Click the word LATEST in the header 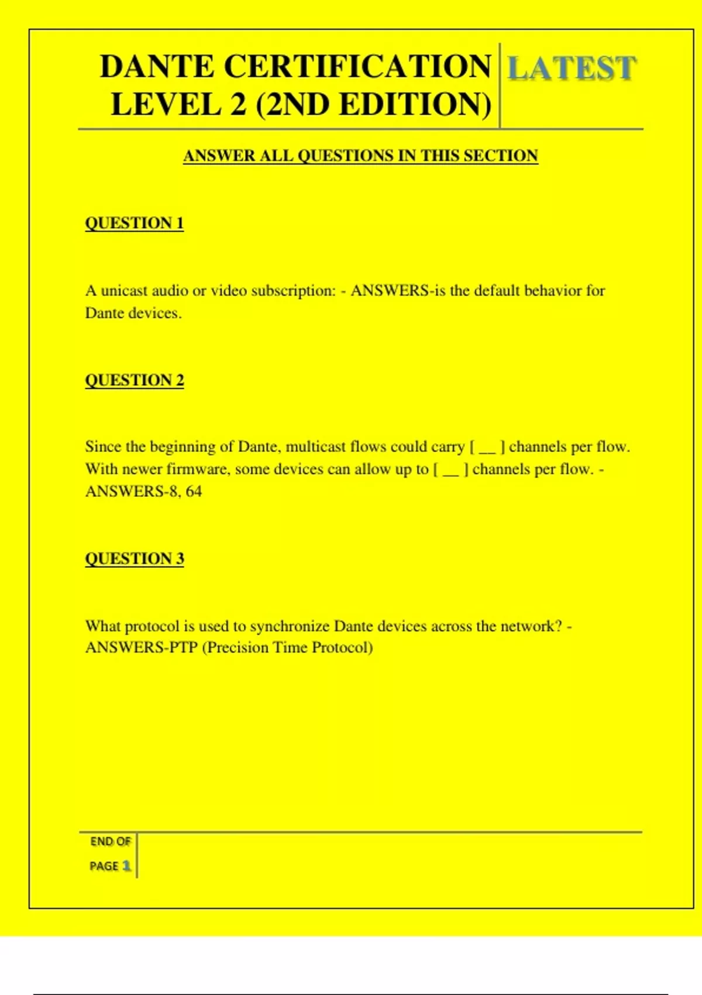[571, 68]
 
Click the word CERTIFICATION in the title [357, 66]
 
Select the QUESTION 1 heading [135, 223]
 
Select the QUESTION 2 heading [135, 380]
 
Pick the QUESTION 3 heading [135, 558]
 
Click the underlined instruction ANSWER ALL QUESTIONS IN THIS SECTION [360, 156]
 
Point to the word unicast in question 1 [125, 291]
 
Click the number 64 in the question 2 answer [194, 491]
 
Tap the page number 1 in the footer [126, 866]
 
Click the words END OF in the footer [110, 842]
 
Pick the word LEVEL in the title [166, 105]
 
